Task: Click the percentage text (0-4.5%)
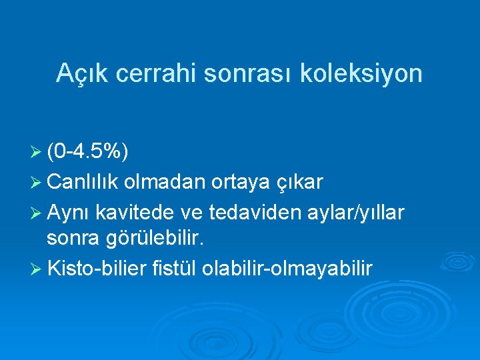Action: (x=89, y=153)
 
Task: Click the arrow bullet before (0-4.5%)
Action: (x=38, y=154)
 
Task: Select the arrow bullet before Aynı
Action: (x=38, y=211)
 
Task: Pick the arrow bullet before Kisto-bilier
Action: (x=38, y=269)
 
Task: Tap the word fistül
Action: (x=175, y=269)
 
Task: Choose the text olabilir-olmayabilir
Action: (x=288, y=269)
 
